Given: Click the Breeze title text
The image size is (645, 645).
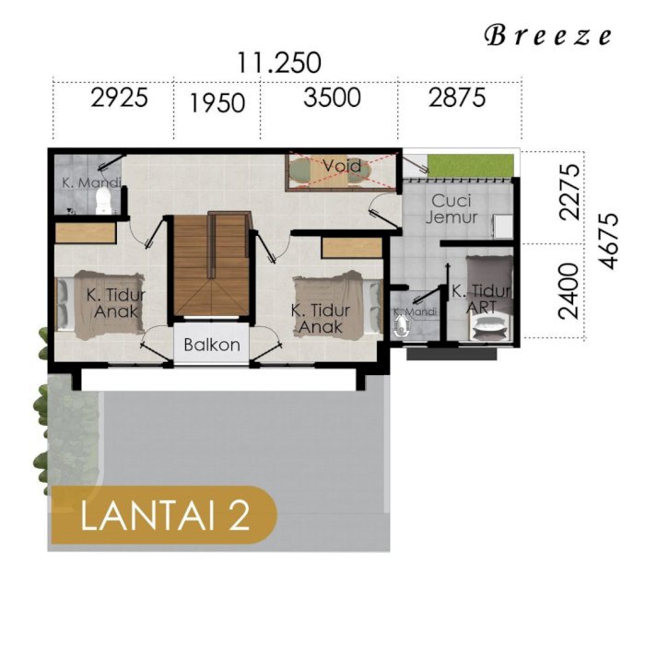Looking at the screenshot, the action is [x=548, y=35].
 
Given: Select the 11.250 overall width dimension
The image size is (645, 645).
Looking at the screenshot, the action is [x=279, y=63].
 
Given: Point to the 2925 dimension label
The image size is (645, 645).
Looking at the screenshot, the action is [x=119, y=99].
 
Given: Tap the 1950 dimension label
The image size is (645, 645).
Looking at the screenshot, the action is [x=217, y=103].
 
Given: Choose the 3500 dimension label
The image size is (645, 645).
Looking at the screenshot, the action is [x=332, y=98].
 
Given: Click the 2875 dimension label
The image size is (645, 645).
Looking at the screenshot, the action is [x=457, y=98].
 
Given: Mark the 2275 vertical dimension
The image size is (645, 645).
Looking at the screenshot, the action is [x=569, y=192].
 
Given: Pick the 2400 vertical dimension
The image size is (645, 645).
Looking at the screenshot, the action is [x=569, y=291].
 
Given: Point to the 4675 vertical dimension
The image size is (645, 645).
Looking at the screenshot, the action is [x=608, y=240].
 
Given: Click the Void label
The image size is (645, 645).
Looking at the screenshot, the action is [x=342, y=166].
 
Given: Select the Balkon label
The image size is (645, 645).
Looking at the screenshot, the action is [x=212, y=345].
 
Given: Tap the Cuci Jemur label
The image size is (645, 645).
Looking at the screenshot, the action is [x=451, y=209].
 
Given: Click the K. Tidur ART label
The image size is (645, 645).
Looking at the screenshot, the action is [x=481, y=299].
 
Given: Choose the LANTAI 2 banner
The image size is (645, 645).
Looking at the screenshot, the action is [x=163, y=514].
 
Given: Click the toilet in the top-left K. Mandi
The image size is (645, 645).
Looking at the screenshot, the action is [x=102, y=200].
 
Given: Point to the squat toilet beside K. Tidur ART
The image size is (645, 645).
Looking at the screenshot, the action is [x=400, y=327].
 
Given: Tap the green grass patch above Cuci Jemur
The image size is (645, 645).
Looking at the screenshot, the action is [x=471, y=165].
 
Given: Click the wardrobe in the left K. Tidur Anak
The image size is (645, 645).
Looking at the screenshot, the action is [x=85, y=233].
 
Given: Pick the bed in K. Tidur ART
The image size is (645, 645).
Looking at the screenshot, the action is [x=489, y=299].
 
